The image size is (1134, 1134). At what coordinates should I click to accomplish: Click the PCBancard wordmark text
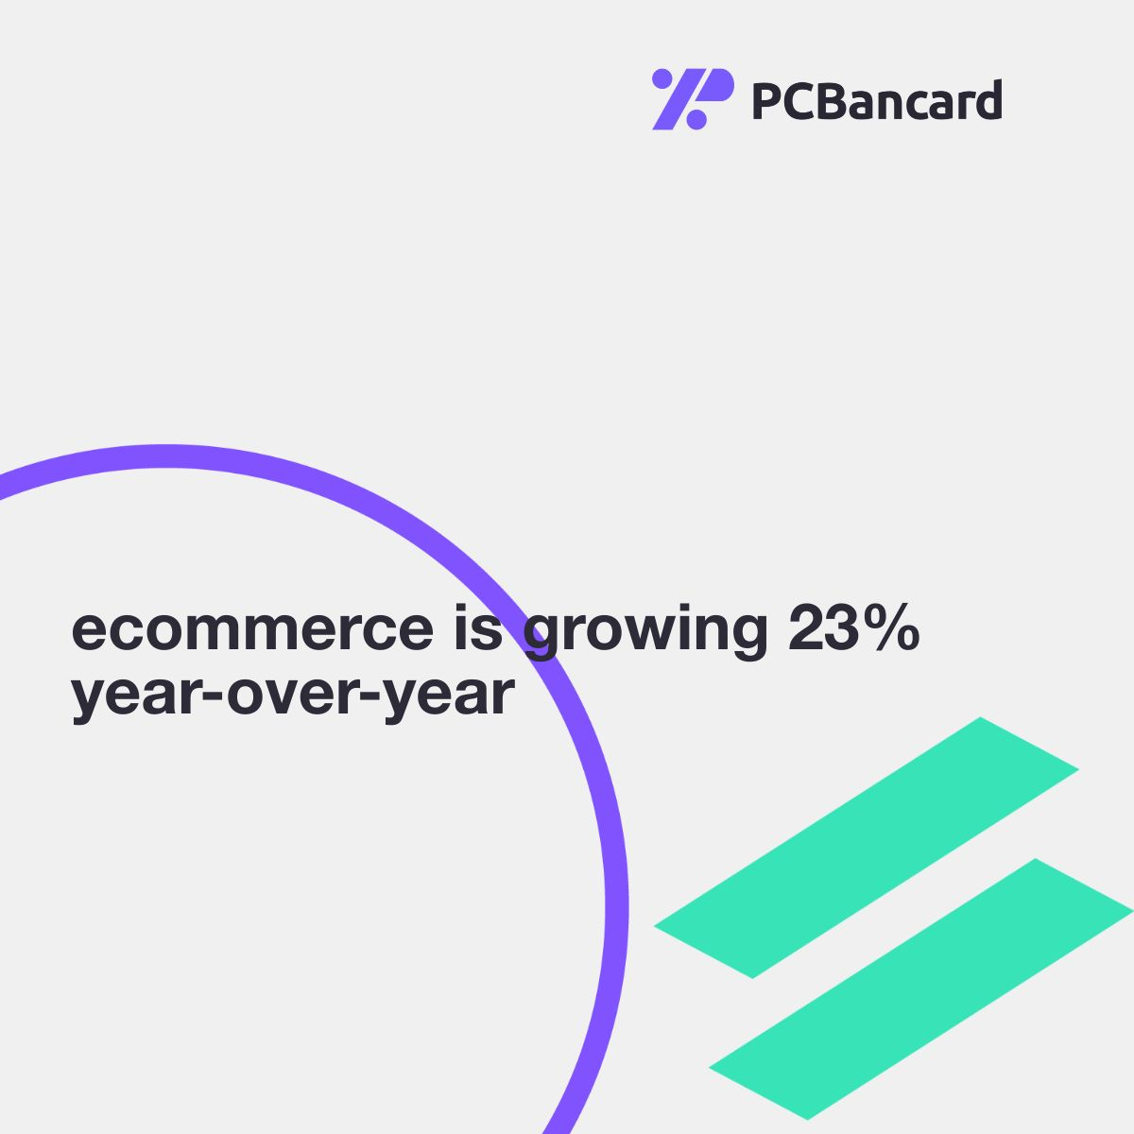click(x=877, y=100)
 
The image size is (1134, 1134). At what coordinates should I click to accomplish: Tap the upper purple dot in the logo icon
click(x=661, y=78)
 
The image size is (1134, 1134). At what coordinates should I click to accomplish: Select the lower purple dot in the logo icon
click(x=696, y=119)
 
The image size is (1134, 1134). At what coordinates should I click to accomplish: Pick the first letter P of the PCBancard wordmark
click(x=765, y=100)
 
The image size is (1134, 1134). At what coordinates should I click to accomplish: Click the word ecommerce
click(x=252, y=629)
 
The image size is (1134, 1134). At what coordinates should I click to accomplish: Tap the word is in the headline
click(x=478, y=627)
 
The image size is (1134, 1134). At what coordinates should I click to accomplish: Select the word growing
click(x=645, y=632)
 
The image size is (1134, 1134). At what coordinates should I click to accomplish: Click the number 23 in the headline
click(x=829, y=627)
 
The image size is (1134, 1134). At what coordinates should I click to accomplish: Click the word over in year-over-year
click(x=292, y=695)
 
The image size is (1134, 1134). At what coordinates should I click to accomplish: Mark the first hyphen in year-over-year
click(x=217, y=695)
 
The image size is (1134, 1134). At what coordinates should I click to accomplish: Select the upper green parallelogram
click(x=866, y=848)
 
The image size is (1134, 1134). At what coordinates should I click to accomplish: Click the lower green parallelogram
click(x=921, y=989)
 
